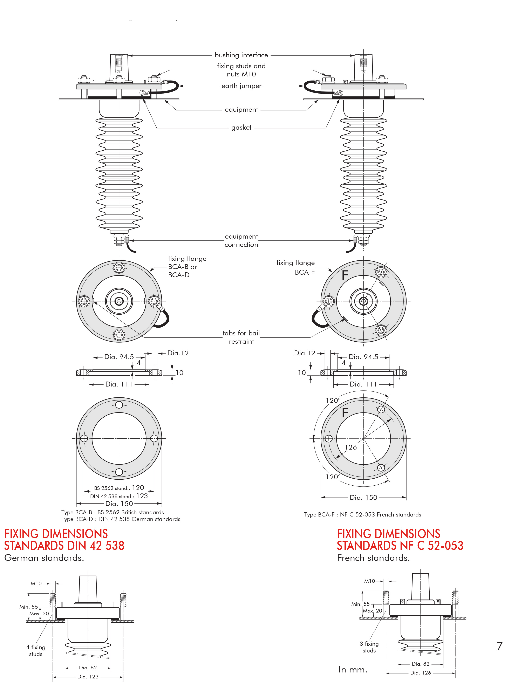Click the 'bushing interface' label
tap(241, 55)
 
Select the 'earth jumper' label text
tap(241, 86)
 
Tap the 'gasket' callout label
tap(241, 127)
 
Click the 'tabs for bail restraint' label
tap(241, 337)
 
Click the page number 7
tap(499, 646)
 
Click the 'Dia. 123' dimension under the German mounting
tap(88, 677)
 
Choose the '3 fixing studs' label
tap(369, 647)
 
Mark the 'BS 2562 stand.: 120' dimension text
tap(119, 488)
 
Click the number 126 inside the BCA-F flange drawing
tap(350, 447)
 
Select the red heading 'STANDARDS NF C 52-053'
tap(400, 546)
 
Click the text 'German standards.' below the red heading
tap(44, 558)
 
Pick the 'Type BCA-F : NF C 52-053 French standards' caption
tap(362, 515)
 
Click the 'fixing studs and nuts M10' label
tap(241, 70)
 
